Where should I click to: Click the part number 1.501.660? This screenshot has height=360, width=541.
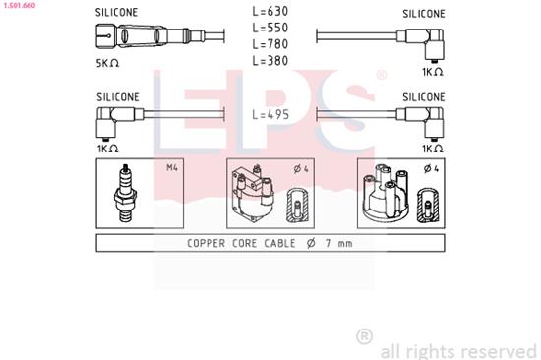point(21,4)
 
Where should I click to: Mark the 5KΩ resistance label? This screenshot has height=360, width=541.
point(106,63)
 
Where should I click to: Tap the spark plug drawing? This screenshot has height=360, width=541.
point(124,193)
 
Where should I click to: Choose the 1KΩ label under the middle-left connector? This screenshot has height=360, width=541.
point(108,148)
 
